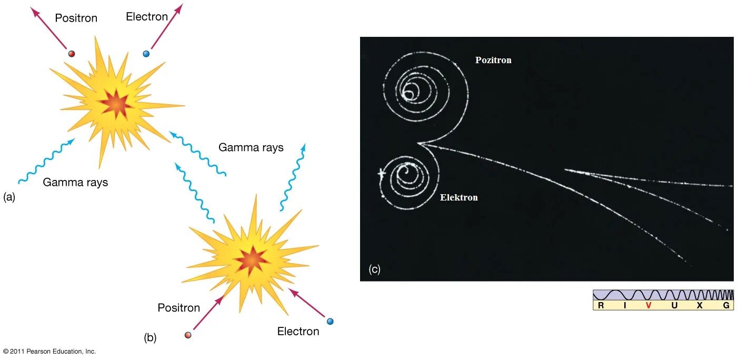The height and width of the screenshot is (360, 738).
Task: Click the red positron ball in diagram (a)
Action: tap(72, 53)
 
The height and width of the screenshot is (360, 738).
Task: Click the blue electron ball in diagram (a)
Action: tap(146, 54)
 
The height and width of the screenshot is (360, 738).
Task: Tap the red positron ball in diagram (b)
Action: tap(188, 335)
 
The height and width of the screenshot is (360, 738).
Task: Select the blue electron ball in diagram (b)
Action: tap(330, 321)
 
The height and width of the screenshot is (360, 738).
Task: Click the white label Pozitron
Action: tap(493, 60)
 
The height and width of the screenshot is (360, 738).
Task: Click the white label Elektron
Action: tap(459, 198)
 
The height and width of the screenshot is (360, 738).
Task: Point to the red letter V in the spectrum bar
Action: tap(649, 305)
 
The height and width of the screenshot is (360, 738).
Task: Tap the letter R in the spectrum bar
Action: tap(601, 305)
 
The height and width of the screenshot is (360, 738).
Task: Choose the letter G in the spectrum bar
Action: tap(726, 305)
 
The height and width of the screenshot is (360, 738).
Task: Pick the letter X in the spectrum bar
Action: tap(700, 305)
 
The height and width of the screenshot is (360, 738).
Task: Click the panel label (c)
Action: tap(374, 269)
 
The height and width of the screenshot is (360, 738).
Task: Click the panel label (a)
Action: tap(9, 197)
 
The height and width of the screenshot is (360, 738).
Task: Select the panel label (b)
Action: tap(150, 338)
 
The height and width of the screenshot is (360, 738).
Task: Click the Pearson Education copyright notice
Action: tap(49, 351)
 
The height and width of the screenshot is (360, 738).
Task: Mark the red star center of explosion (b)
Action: tap(251, 259)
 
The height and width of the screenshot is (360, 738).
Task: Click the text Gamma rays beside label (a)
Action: tap(75, 183)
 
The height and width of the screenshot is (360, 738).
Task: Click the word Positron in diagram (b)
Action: tap(179, 308)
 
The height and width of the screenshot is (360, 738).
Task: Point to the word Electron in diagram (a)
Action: tap(147, 17)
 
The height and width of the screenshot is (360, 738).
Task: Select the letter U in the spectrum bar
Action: tap(674, 305)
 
